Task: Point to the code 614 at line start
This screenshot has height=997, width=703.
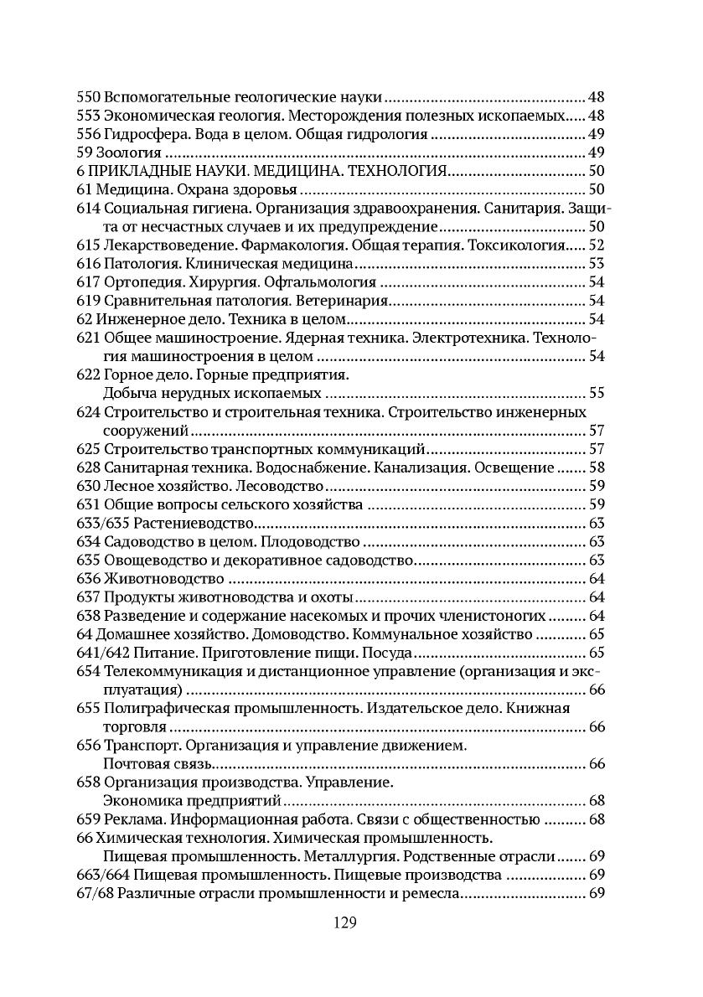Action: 88,208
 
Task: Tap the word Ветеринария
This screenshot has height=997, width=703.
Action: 345,301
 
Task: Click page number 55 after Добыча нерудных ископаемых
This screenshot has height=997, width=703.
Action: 597,393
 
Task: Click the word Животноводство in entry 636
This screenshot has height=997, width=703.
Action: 163,578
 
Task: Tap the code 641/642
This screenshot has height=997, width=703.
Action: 103,653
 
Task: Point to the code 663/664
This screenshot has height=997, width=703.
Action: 103,874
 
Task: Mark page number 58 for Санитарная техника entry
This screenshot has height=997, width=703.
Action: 597,468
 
